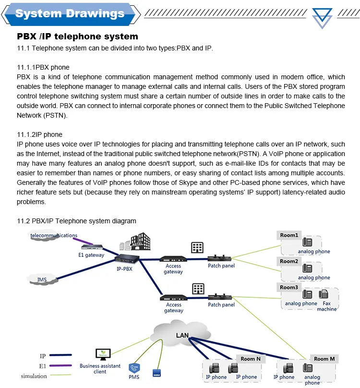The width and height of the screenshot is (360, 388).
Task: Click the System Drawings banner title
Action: coord(70,13)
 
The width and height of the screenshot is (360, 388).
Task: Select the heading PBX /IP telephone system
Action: coord(77,36)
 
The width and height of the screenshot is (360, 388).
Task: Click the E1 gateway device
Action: coord(91,247)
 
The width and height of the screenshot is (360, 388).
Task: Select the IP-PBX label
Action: coord(124,269)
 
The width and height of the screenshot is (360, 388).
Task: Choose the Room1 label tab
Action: coord(289,235)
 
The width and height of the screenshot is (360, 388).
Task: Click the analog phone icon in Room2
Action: coord(307,268)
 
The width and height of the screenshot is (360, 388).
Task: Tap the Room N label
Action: coord(251,359)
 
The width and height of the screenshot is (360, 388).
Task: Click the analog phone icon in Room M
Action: coord(308,368)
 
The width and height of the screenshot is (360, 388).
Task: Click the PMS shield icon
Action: coord(134,369)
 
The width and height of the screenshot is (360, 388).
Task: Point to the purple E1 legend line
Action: coord(59,366)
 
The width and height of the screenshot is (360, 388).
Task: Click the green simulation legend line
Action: coord(59,376)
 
